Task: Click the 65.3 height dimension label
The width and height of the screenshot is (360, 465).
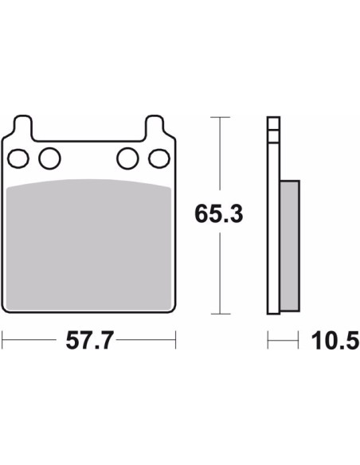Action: tap(219, 213)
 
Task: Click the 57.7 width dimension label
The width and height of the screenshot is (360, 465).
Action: tap(89, 341)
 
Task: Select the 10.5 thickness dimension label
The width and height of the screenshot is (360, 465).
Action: tap(335, 341)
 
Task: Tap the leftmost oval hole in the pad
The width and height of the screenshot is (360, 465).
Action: tap(18, 158)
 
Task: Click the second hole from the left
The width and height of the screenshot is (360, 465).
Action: tap(49, 158)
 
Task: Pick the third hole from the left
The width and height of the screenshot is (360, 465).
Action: tap(127, 158)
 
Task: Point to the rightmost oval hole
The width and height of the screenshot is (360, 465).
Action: tap(159, 158)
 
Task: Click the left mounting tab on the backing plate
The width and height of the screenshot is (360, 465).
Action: tap(22, 126)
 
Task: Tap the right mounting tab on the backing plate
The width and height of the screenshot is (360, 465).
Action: tap(155, 126)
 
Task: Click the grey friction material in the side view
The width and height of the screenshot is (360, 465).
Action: tap(289, 245)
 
